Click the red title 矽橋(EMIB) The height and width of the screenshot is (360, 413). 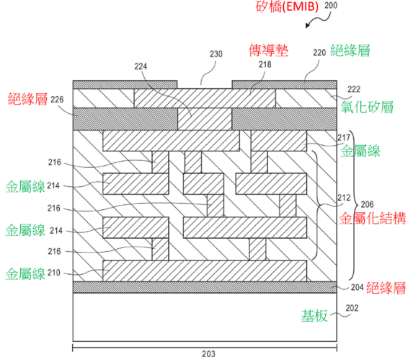click(287, 6)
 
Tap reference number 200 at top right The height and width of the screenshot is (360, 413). click(331, 6)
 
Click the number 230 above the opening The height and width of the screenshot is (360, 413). click(216, 54)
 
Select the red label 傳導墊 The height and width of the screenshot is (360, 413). click(269, 50)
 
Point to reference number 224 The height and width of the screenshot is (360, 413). click(141, 66)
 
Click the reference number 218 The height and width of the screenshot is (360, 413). click(265, 64)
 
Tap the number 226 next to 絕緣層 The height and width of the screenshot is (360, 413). click(57, 100)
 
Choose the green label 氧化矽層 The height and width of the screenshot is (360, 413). click(367, 107)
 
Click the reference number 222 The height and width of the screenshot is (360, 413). click(354, 89)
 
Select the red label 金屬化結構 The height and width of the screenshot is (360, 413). click(373, 219)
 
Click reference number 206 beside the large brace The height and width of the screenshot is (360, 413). click(367, 204)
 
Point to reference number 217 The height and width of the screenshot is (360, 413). click(344, 137)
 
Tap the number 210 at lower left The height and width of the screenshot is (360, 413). click(54, 273)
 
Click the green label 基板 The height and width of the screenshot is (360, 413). click(314, 316)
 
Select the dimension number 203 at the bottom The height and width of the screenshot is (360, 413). click(208, 354)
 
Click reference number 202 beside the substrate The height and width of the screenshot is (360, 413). click(352, 308)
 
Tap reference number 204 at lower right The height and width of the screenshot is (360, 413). click(358, 287)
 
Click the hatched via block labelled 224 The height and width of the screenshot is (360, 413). click(205, 119)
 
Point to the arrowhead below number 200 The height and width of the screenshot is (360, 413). click(307, 25)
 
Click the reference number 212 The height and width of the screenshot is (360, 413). click(344, 198)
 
